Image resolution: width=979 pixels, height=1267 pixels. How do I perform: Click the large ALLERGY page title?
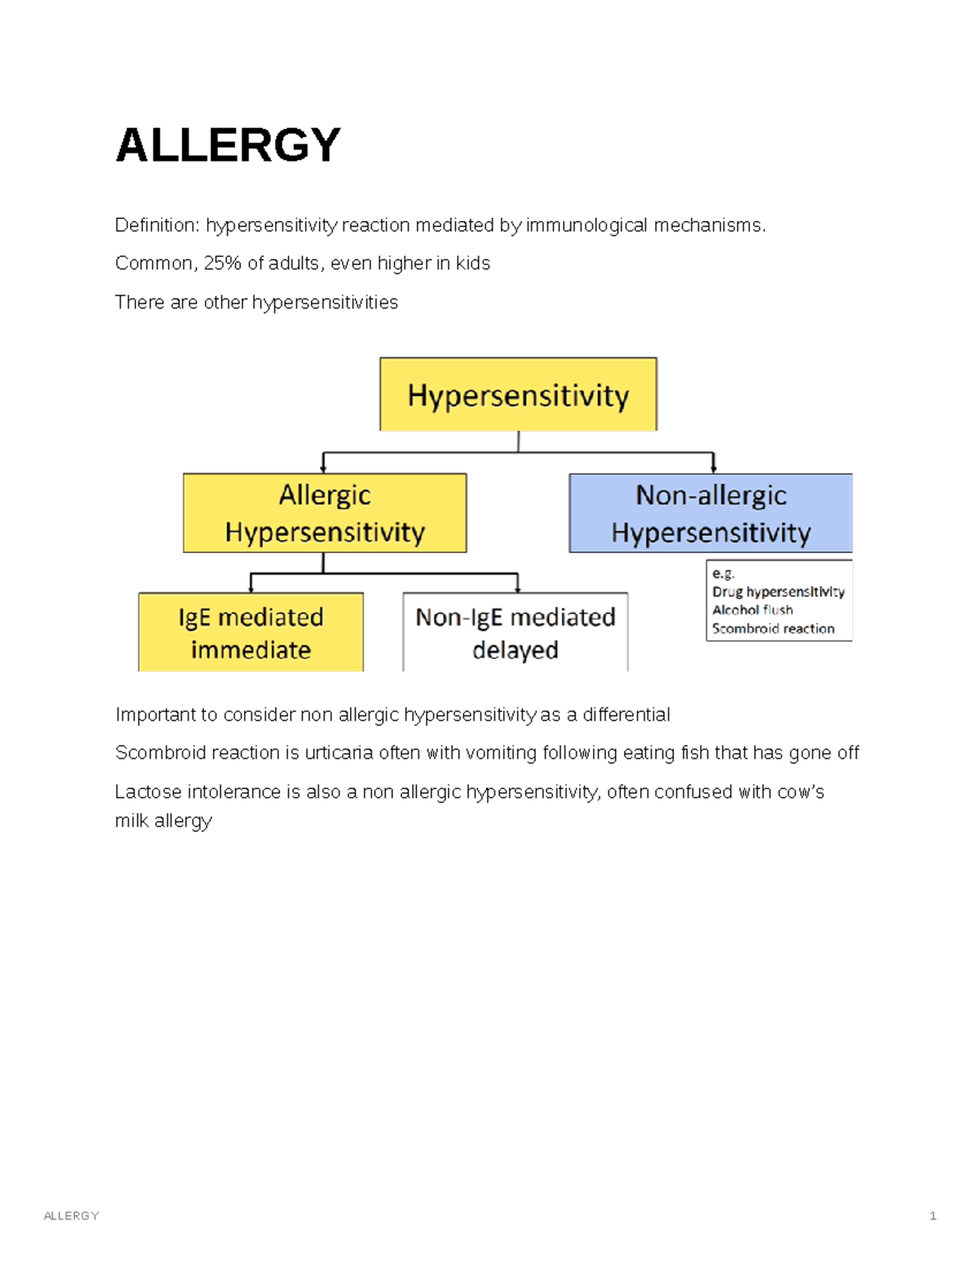click(228, 145)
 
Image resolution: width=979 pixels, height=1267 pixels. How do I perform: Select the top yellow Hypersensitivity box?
click(518, 395)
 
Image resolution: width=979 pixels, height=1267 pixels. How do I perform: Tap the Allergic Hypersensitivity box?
click(325, 513)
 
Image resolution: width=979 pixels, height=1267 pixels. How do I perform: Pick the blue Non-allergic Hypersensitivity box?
click(711, 513)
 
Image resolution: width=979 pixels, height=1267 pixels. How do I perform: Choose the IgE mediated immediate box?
click(250, 633)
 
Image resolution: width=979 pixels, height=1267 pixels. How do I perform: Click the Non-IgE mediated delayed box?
click(516, 633)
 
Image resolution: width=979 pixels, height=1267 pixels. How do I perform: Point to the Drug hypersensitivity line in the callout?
click(778, 591)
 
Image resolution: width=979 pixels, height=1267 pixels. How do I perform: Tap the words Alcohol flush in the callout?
click(752, 609)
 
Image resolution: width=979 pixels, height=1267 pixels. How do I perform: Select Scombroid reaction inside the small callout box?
click(773, 628)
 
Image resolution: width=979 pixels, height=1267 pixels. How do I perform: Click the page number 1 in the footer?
click(932, 1216)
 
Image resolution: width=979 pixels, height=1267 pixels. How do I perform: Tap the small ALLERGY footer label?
click(71, 1216)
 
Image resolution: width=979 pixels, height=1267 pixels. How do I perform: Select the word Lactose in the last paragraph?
click(148, 792)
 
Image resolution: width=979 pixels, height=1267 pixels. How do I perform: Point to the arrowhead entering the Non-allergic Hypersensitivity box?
click(714, 468)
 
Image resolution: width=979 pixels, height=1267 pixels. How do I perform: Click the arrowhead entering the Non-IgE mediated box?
click(517, 587)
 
